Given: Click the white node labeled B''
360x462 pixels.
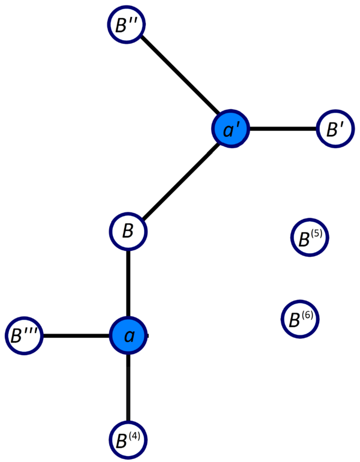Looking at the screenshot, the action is (126, 25).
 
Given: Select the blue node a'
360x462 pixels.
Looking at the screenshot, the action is (230, 129).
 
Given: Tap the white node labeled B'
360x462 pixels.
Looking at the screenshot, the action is (335, 129).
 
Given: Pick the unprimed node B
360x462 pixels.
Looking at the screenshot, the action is (128, 231).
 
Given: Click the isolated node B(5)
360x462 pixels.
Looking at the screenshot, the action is (310, 238).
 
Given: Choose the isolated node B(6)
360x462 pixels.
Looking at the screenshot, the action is (300, 319).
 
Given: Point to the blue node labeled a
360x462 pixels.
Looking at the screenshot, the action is (128, 335).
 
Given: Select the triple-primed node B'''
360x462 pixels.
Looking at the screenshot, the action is (24, 335).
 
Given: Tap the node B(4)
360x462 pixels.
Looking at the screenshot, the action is (128, 440).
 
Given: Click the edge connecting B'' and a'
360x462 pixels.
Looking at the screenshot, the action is (180, 75).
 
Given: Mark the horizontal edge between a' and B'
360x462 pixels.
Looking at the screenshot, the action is (283, 129).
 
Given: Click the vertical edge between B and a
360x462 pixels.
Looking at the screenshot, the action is (128, 283).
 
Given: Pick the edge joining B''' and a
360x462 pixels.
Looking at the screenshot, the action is (76, 335).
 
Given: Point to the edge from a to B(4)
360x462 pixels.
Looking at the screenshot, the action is (128, 388).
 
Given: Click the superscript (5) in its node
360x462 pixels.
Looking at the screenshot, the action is (316, 234).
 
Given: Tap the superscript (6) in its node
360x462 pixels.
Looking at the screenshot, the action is (307, 316).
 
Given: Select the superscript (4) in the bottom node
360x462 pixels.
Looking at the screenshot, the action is (134, 436).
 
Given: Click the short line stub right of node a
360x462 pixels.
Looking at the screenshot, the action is (147, 335).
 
